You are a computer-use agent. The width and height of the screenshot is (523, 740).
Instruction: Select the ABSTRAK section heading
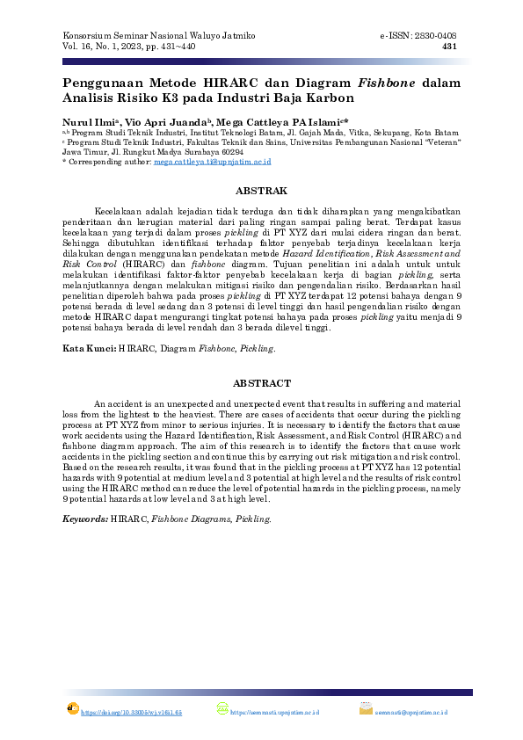[261, 191]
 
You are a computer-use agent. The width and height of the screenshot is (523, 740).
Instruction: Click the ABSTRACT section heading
[261, 383]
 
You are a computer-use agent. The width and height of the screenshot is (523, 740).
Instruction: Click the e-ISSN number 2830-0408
[436, 35]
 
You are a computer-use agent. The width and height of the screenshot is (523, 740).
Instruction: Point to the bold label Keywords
[85, 519]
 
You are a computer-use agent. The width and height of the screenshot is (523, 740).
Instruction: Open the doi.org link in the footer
[131, 712]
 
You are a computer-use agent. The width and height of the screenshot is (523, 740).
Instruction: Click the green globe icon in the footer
[222, 709]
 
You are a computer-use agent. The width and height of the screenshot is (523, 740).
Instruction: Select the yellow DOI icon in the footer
[73, 708]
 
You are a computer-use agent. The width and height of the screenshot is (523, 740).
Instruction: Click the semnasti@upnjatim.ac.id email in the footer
[412, 712]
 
